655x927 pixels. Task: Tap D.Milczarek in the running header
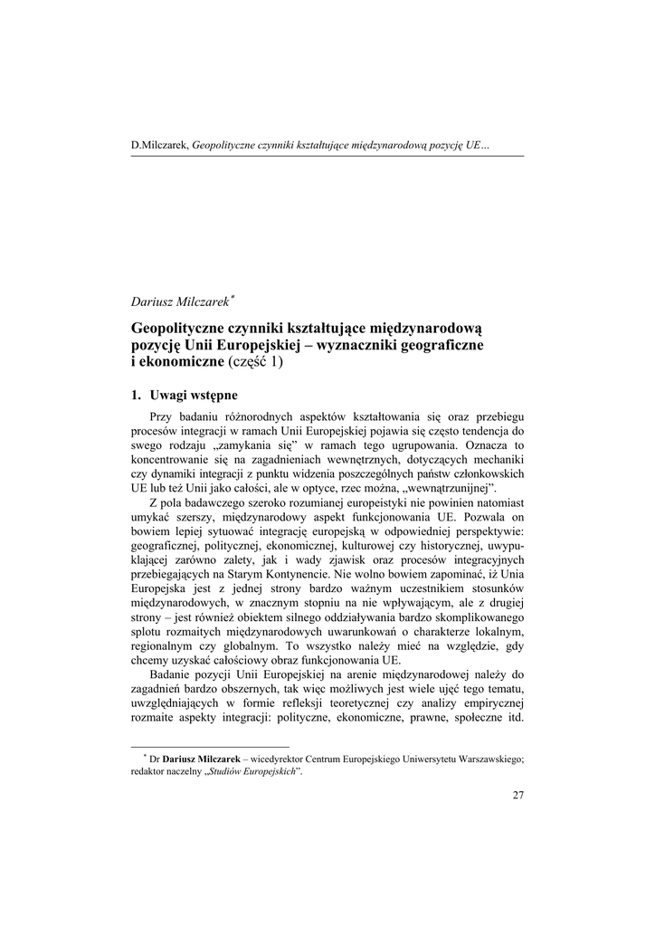160,145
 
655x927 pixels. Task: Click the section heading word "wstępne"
209,396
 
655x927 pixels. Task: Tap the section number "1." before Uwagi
137,396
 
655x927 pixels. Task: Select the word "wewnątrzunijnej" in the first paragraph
442,489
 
